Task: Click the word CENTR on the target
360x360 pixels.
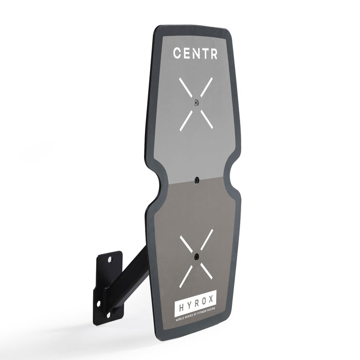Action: tap(195, 53)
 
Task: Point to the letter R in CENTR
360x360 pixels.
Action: tap(213, 53)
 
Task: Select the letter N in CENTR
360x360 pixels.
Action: tap(196, 53)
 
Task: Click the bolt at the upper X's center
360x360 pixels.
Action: tap(196, 103)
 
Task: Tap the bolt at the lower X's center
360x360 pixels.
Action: tap(196, 256)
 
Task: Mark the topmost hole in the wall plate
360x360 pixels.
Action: tap(109, 259)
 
